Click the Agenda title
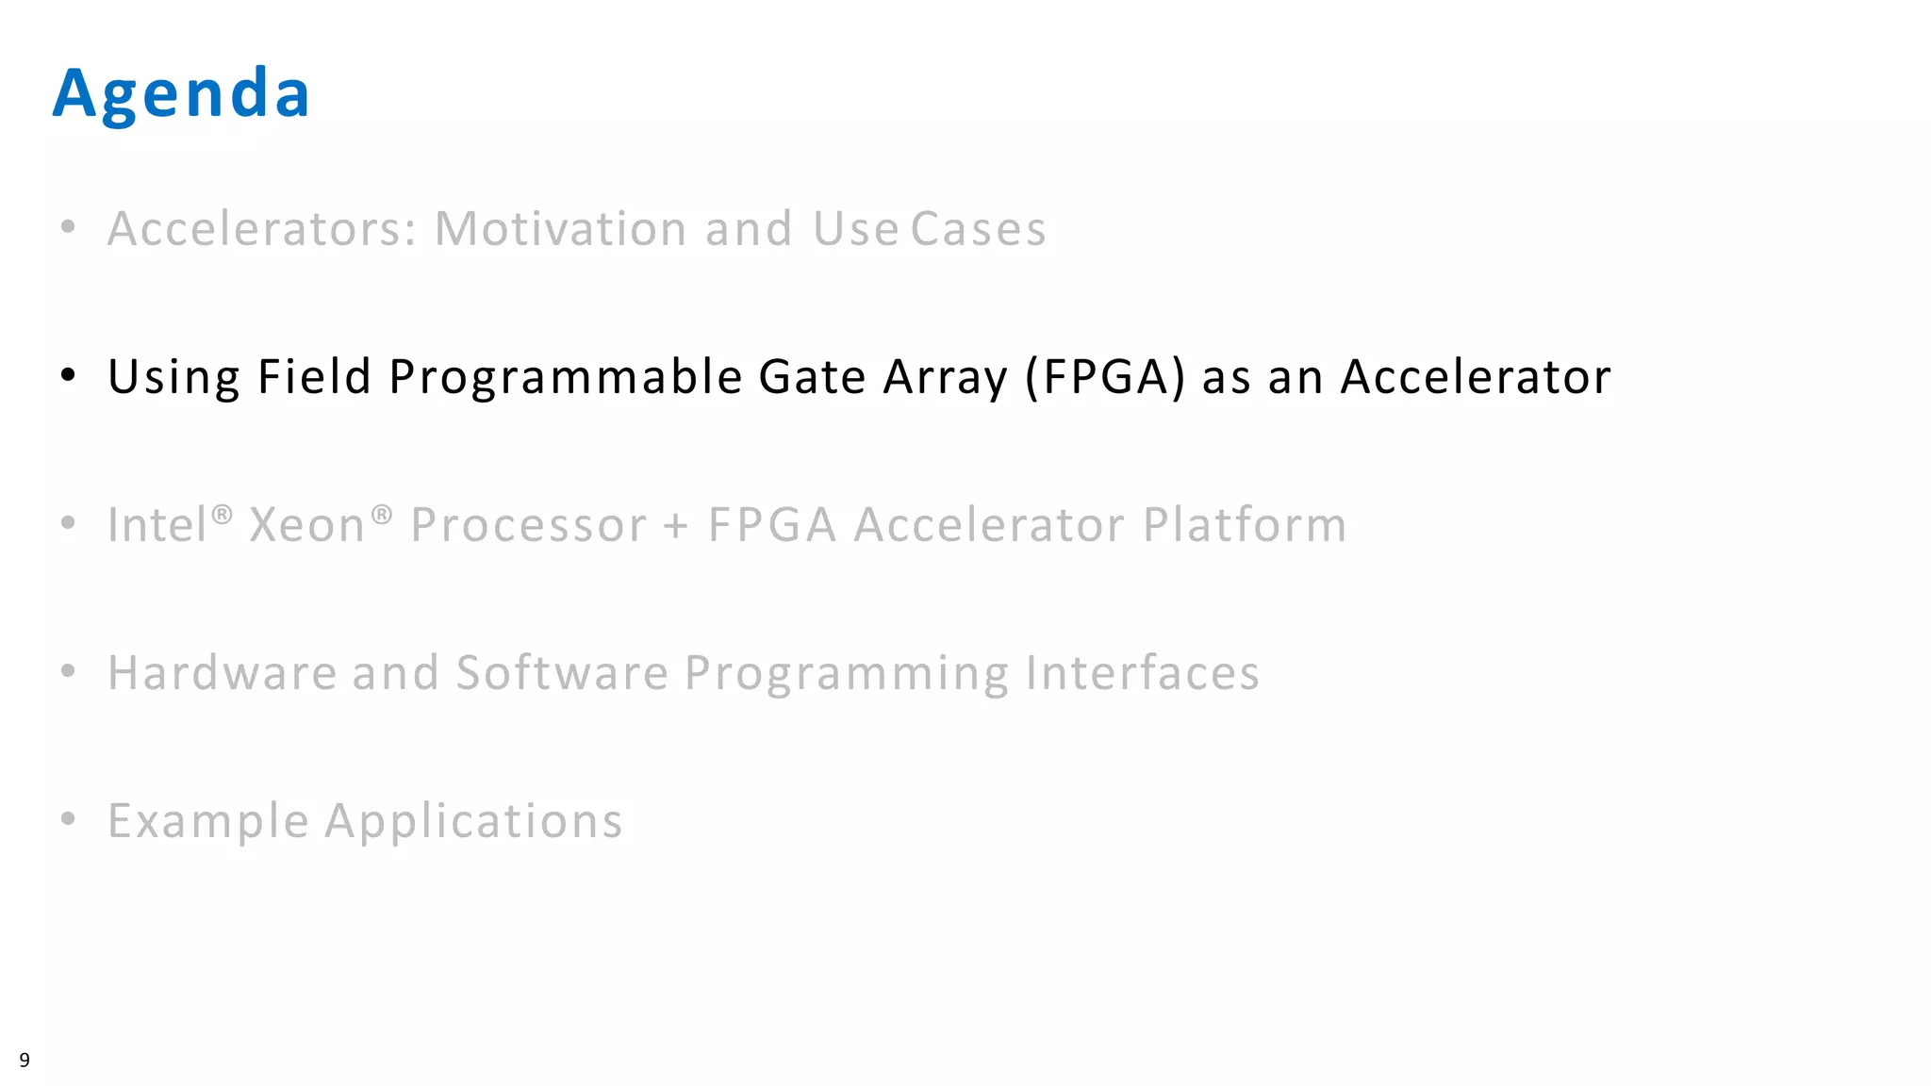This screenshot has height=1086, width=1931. click(181, 93)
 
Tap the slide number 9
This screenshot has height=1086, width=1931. click(25, 1060)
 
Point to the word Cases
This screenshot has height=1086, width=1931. click(978, 229)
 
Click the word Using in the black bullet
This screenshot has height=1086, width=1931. click(174, 377)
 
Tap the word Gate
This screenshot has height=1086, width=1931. click(812, 377)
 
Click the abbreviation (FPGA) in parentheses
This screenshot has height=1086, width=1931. click(1105, 377)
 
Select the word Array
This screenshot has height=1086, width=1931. click(946, 377)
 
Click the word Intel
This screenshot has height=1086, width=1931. click(157, 525)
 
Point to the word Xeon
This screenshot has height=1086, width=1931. click(306, 525)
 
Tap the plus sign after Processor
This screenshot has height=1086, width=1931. click(676, 525)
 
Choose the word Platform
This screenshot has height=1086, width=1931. click(1245, 525)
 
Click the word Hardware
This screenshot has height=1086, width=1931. click(223, 673)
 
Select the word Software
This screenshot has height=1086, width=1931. click(562, 673)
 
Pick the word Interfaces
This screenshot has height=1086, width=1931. click(1142, 673)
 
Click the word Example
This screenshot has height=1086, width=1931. click(208, 821)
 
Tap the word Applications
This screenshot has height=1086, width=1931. click(473, 821)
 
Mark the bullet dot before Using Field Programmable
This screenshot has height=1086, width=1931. click(68, 375)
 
